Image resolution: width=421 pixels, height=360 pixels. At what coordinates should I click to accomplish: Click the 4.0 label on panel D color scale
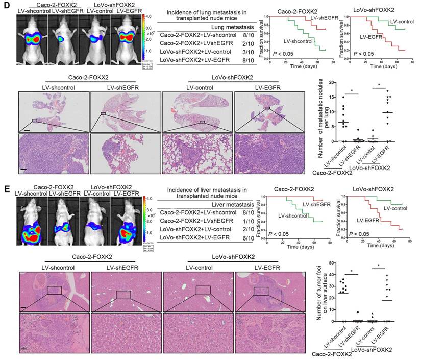pos(152,16)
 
